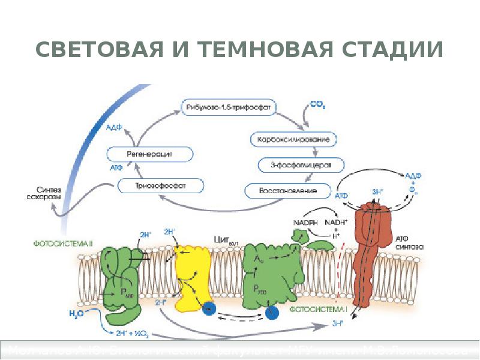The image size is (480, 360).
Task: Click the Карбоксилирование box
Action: (293, 140)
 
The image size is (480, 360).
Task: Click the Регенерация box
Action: (150, 154)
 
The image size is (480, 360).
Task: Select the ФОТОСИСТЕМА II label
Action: (62, 244)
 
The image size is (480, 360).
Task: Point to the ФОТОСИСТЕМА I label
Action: (319, 310)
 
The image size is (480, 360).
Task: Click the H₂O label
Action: (76, 313)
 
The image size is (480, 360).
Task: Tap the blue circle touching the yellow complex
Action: (209, 308)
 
